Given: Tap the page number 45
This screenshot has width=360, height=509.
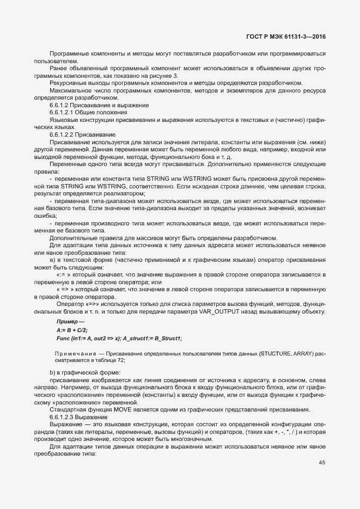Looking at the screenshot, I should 321,463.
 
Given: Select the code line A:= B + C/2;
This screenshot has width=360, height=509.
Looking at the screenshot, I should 72,330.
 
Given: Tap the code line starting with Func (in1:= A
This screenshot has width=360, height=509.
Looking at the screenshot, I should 119,338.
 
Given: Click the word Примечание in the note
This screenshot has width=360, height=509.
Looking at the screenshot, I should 75,354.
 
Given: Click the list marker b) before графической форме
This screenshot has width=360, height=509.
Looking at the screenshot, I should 52,372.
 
